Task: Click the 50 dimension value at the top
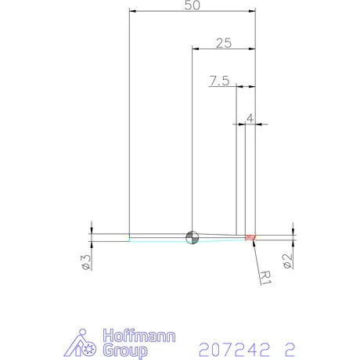[x=193, y=5]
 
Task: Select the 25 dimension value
[x=223, y=43]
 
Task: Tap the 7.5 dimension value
[x=219, y=81]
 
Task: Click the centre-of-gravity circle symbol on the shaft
[x=192, y=237]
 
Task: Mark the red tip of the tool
[x=250, y=237]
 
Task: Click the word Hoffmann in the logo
[x=140, y=337]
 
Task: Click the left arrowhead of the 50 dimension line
[x=132, y=12]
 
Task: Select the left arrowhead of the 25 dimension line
[x=196, y=49]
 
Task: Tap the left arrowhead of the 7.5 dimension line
[x=239, y=86]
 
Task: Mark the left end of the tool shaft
[x=130, y=237]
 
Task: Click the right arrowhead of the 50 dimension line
[x=252, y=12]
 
